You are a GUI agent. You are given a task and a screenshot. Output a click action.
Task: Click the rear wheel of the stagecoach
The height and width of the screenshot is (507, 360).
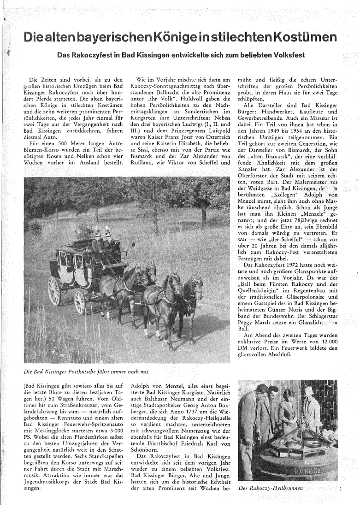click(x=54, y=290)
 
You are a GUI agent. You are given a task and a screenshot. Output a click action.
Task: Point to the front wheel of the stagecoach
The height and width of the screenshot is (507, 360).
click(x=80, y=301)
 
